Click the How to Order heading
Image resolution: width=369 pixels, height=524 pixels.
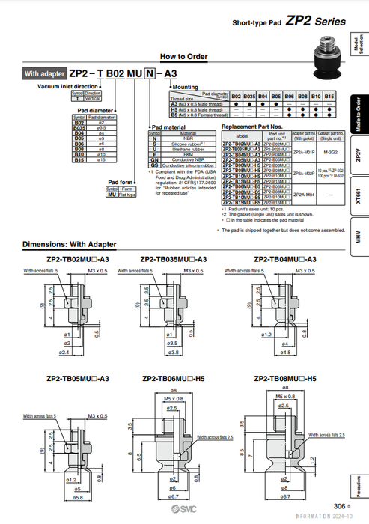[184, 57]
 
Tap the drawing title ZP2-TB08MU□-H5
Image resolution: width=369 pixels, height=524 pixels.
[284, 379]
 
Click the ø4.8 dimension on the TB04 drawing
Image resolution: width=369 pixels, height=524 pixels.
[285, 350]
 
